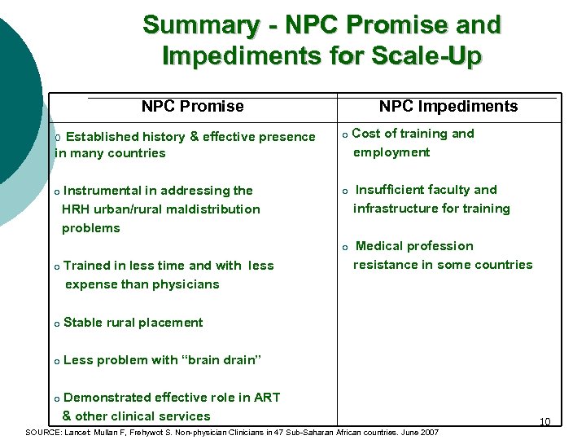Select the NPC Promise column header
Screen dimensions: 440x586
192,106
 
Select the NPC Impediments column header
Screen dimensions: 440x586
448,106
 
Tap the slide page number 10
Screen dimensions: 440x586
544,421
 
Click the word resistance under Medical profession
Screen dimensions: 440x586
386,265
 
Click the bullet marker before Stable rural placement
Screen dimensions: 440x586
56,323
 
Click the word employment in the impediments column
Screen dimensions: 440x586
391,152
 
